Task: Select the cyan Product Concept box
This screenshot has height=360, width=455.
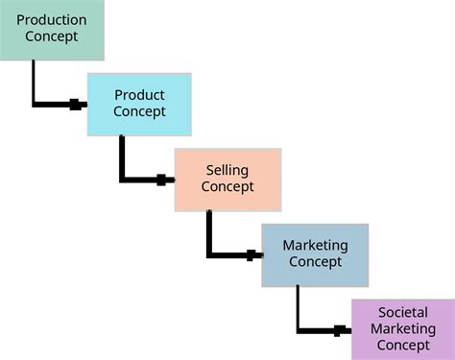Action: (139, 104)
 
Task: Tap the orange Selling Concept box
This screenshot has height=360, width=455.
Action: (227, 180)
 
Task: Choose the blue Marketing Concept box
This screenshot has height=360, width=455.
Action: (315, 254)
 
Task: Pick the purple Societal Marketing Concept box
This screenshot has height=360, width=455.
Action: (403, 328)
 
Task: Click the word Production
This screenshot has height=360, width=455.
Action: (52, 19)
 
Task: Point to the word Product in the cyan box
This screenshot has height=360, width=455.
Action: (139, 95)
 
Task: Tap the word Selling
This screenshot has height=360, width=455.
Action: (227, 170)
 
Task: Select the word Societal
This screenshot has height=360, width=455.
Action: (403, 312)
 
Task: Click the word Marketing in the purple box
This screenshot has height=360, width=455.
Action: (403, 328)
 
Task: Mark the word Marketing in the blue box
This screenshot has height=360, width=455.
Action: (315, 246)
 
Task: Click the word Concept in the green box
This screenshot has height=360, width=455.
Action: (52, 36)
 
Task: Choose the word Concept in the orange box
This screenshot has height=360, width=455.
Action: (227, 187)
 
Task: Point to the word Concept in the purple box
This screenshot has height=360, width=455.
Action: (403, 345)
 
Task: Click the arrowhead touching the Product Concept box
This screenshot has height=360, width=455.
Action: (77, 104)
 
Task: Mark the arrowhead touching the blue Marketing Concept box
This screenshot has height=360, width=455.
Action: (252, 254)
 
